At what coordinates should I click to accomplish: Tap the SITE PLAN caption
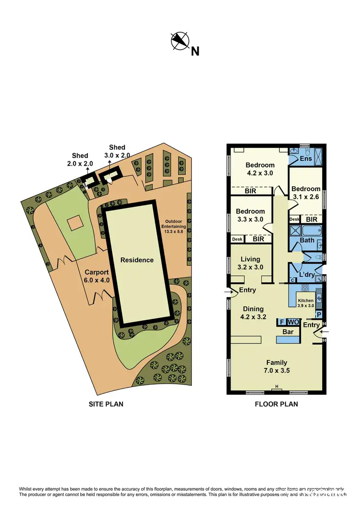pos(106,404)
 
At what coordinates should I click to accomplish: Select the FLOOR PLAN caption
pos(276,404)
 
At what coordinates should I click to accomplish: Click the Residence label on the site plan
pos(137,260)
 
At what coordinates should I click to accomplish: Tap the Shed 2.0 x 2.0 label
pos(80,159)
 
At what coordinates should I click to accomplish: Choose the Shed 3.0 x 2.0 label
pos(117,151)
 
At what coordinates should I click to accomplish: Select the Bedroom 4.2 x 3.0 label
pos(260,169)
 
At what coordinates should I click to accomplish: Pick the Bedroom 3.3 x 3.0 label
pos(250,215)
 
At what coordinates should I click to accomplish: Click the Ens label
pos(306,158)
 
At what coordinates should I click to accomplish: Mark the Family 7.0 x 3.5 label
pos(277,366)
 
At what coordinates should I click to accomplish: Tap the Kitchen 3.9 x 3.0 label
pos(305,303)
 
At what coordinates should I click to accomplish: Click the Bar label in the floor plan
pos(288,331)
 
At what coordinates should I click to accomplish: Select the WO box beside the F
pos(293,322)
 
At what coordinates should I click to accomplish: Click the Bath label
pos(307,240)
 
